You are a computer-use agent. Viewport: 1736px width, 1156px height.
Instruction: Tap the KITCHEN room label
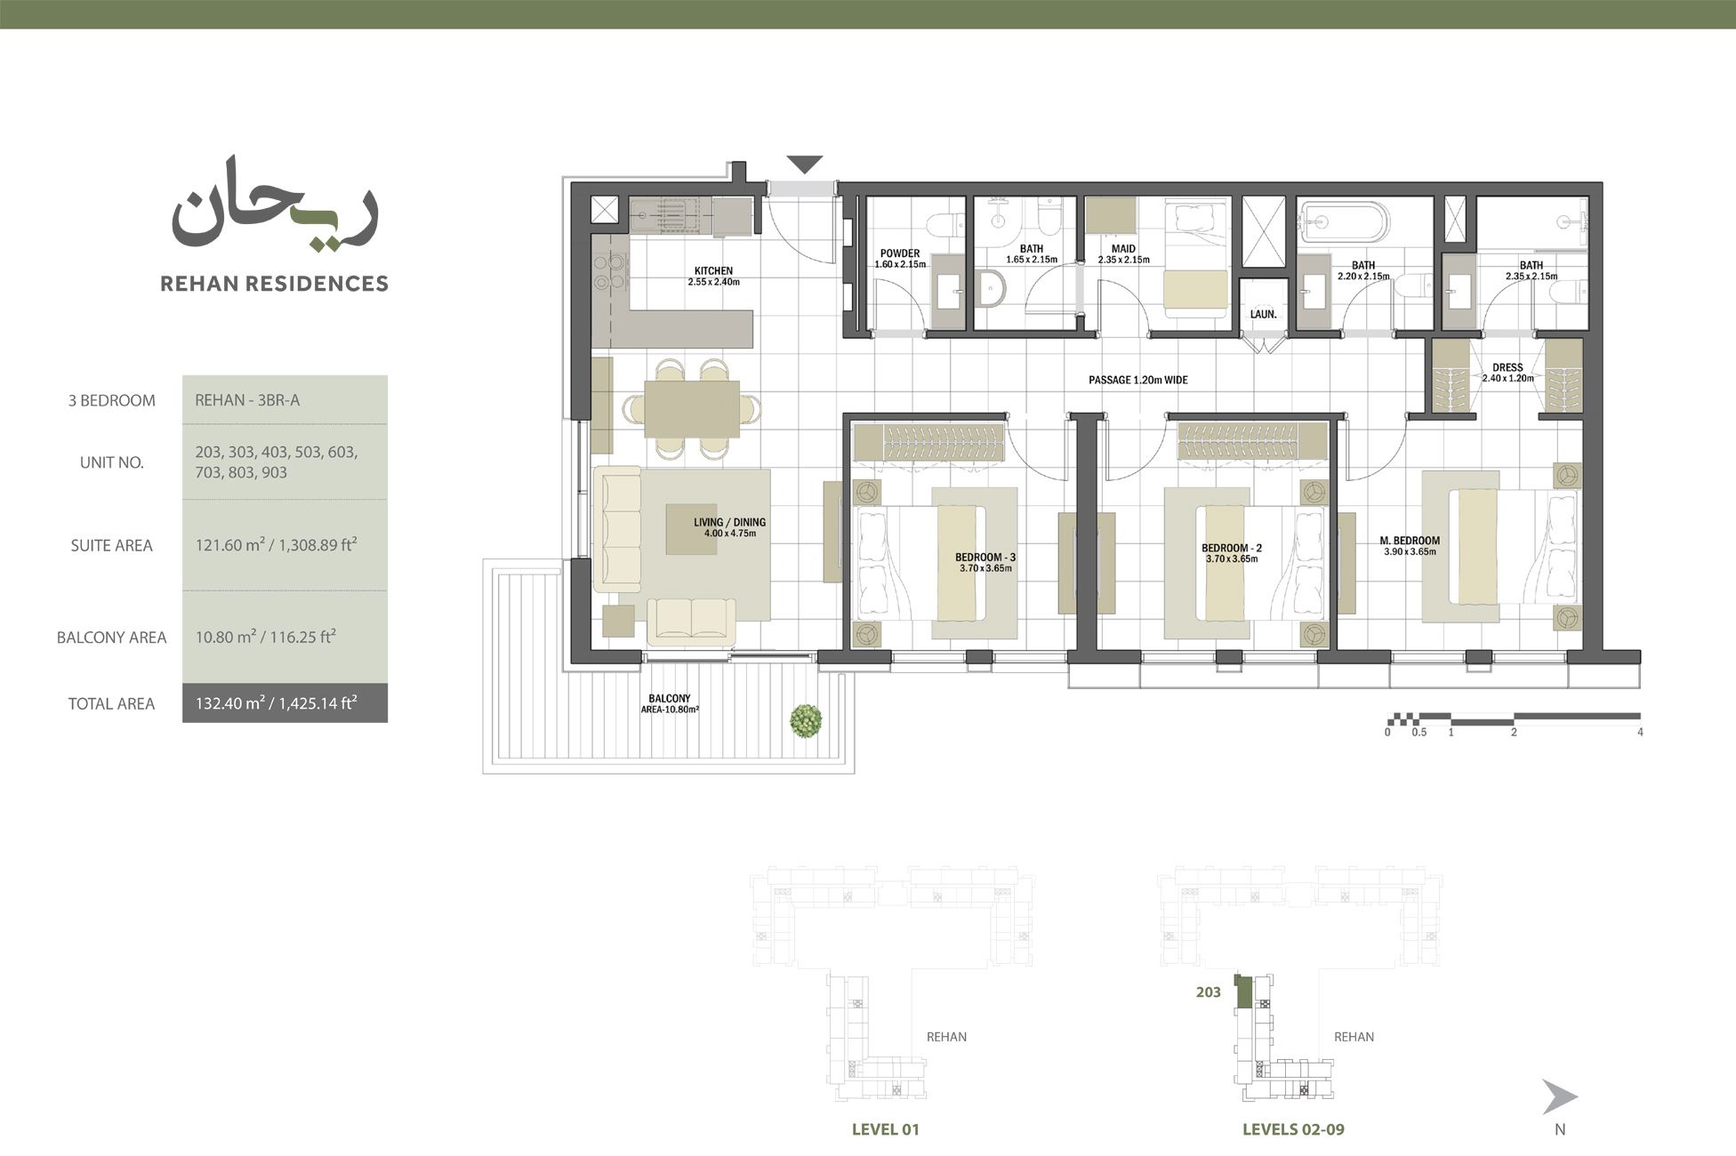pyautogui.click(x=713, y=271)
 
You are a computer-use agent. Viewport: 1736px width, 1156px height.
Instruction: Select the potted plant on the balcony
pyautogui.click(x=806, y=721)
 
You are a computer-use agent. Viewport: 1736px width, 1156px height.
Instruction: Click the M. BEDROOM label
pyautogui.click(x=1410, y=541)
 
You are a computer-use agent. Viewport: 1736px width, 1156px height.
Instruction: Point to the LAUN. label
pyautogui.click(x=1263, y=315)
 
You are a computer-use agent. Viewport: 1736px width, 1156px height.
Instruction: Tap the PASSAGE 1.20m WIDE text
pyautogui.click(x=1137, y=380)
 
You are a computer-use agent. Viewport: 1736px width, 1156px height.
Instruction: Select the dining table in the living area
pyautogui.click(x=692, y=409)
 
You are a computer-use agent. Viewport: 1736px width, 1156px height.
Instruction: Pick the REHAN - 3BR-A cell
pyautogui.click(x=248, y=400)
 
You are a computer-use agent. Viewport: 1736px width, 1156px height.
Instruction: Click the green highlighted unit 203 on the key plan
pyautogui.click(x=1243, y=991)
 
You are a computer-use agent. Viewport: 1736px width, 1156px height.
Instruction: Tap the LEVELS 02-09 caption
pyautogui.click(x=1293, y=1129)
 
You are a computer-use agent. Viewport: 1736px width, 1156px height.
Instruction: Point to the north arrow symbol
pyautogui.click(x=1558, y=1097)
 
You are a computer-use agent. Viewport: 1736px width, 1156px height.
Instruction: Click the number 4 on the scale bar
pyautogui.click(x=1640, y=733)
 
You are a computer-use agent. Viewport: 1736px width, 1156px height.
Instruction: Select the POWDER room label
pyautogui.click(x=900, y=253)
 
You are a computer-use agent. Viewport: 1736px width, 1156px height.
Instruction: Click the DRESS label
pyautogui.click(x=1507, y=367)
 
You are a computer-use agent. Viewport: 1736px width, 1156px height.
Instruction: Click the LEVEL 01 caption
pyautogui.click(x=885, y=1129)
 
